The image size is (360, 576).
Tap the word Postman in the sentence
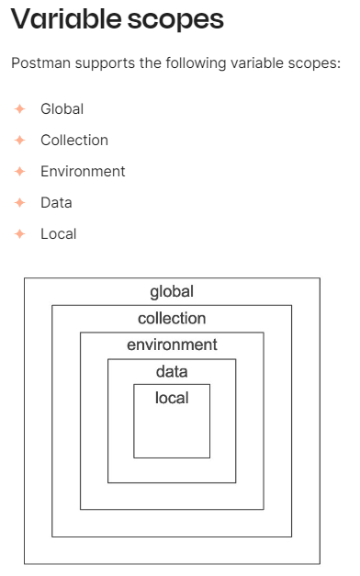pos(39,64)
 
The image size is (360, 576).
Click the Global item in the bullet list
pos(62,108)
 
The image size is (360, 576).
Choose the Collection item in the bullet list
pos(73,140)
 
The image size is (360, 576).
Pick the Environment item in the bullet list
pos(83,171)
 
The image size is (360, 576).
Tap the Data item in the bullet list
pos(56,202)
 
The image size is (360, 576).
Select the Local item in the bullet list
pos(58,233)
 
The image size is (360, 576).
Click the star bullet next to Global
pos(19,108)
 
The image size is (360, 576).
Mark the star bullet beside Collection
pos(19,140)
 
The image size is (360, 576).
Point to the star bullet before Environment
pos(19,171)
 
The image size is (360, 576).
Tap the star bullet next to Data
pos(19,202)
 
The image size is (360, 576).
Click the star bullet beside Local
pos(19,233)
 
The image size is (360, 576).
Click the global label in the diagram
pos(172,291)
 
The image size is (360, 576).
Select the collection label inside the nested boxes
pos(172,318)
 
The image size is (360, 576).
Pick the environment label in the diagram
pos(172,344)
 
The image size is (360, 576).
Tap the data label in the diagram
pos(172,371)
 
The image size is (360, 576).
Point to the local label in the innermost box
pos(172,398)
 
